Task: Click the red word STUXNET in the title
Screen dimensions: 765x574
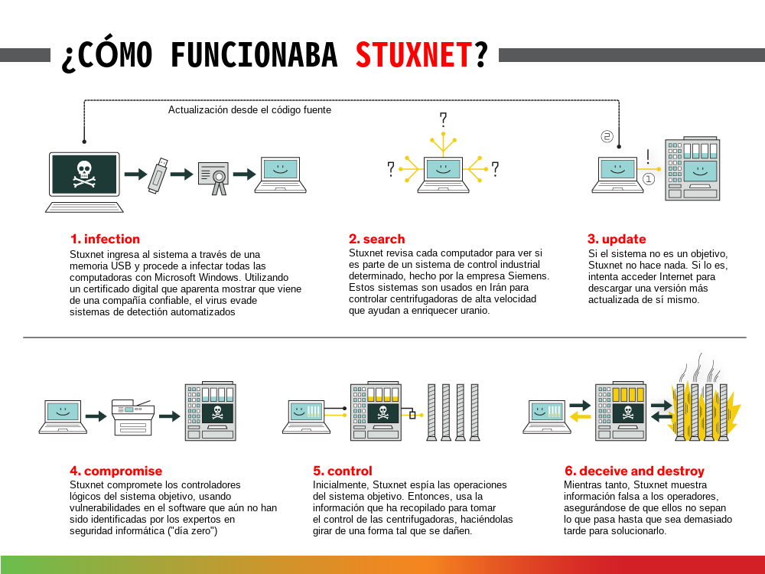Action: pyautogui.click(x=414, y=54)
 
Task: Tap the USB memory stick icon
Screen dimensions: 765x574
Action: pyautogui.click(x=158, y=176)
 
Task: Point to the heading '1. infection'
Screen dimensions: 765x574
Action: pyautogui.click(x=105, y=239)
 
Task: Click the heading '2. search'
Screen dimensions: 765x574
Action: pyautogui.click(x=376, y=239)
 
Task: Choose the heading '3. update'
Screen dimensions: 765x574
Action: pyautogui.click(x=617, y=239)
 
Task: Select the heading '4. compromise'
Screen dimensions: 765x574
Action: pyautogui.click(x=116, y=471)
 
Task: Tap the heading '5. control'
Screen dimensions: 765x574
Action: pyautogui.click(x=343, y=471)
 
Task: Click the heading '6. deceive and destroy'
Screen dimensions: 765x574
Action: pyautogui.click(x=634, y=471)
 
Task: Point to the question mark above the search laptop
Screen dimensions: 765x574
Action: pyautogui.click(x=443, y=119)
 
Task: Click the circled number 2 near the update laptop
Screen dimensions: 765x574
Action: pyautogui.click(x=607, y=136)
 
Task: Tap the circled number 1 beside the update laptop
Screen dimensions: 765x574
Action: pyautogui.click(x=649, y=179)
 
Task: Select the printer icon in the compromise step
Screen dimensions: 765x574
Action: pyautogui.click(x=132, y=417)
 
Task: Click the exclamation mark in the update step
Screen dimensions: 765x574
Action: pyautogui.click(x=647, y=157)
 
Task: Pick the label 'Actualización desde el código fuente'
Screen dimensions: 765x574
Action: pyautogui.click(x=250, y=109)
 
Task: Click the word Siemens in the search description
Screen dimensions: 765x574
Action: pyautogui.click(x=529, y=276)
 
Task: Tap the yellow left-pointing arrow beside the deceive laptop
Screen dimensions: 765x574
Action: pyautogui.click(x=580, y=417)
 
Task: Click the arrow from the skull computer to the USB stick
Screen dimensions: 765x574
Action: pyautogui.click(x=135, y=174)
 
